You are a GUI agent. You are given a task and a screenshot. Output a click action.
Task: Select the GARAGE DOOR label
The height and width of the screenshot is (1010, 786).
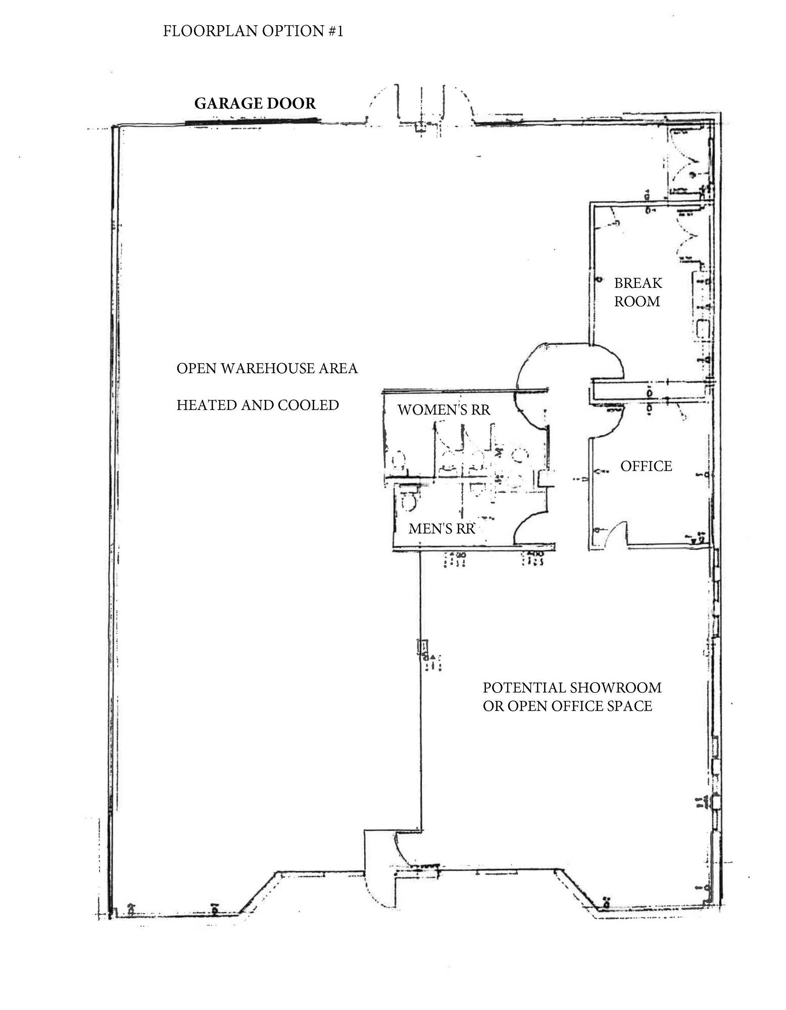pyautogui.click(x=255, y=104)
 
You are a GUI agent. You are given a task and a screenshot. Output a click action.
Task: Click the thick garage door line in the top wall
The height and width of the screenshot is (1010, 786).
pyautogui.click(x=252, y=121)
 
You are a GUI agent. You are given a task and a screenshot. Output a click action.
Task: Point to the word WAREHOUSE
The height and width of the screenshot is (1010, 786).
pyautogui.click(x=266, y=369)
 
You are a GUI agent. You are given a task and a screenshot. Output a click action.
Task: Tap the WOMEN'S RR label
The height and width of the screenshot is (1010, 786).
pyautogui.click(x=444, y=410)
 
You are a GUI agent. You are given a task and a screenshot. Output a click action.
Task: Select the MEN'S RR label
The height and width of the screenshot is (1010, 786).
pyautogui.click(x=441, y=528)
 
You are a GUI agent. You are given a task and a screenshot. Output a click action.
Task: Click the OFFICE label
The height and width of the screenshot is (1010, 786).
pyautogui.click(x=646, y=466)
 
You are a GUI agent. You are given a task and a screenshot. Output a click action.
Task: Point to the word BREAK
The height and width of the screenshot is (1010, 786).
pyautogui.click(x=638, y=283)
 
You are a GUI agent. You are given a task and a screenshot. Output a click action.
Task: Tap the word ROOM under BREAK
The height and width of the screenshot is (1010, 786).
pyautogui.click(x=637, y=301)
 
